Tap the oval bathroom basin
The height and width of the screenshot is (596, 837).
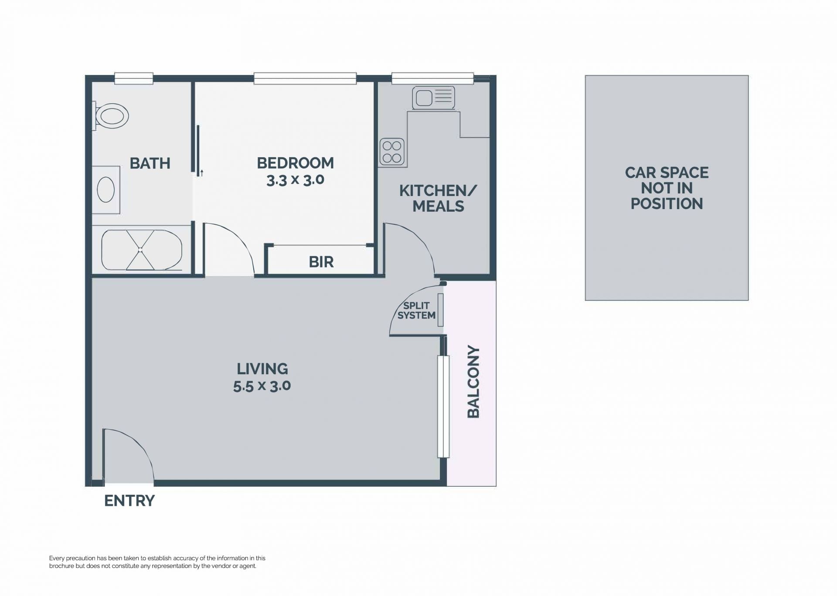[x=105, y=190]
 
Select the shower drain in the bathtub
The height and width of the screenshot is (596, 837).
[x=140, y=250]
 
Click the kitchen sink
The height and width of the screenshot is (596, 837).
[x=433, y=97]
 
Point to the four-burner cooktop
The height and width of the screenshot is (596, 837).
[x=392, y=152]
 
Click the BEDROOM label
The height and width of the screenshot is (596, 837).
[x=295, y=163]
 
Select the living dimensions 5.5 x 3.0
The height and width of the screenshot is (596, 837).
[x=262, y=386]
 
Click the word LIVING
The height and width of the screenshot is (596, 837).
[x=262, y=369]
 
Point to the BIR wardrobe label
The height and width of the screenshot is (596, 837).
[x=321, y=262]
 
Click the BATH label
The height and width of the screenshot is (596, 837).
[x=150, y=163]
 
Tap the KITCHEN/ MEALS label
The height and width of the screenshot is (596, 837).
[x=438, y=198]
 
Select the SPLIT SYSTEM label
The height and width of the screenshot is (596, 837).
[x=416, y=311]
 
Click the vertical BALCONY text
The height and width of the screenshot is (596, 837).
[x=473, y=382]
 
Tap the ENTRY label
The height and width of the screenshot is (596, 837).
[x=129, y=501]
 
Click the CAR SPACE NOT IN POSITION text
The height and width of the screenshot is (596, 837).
[x=667, y=188]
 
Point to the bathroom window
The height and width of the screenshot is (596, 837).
[x=134, y=78]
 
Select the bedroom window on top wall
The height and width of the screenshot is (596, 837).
[x=305, y=78]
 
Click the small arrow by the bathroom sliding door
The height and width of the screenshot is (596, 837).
[x=202, y=173]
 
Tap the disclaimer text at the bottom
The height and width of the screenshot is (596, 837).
[x=157, y=562]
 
